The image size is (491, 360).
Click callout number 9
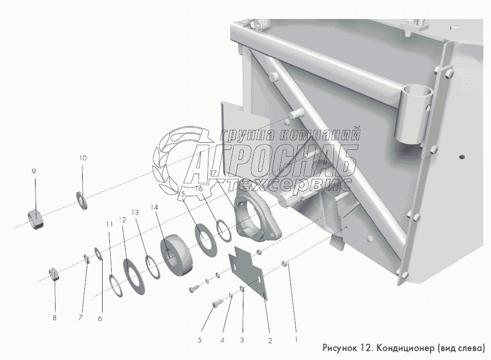tap(34, 171)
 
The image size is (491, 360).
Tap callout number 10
tap(83, 158)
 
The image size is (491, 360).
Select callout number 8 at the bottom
tap(55, 318)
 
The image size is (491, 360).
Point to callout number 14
tap(154, 207)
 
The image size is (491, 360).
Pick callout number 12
tap(122, 220)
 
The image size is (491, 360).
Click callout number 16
tap(200, 189)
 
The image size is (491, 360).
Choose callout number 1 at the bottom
tap(296, 339)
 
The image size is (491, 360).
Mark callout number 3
tap(242, 340)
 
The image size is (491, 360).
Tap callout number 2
tap(270, 340)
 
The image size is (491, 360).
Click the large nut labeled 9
tap(34, 220)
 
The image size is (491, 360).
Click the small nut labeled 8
tap(54, 274)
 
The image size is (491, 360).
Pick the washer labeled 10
tap(82, 200)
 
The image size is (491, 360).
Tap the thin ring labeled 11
tap(116, 286)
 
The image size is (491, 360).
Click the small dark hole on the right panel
tap(462, 157)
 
